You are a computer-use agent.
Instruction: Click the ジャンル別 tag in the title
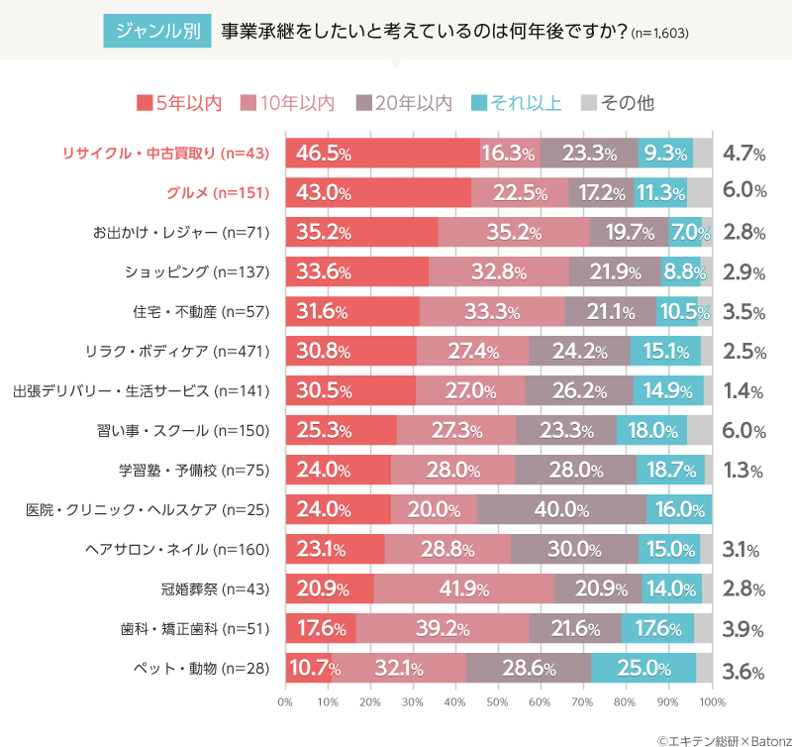click(x=156, y=31)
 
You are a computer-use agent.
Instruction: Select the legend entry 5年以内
click(x=179, y=102)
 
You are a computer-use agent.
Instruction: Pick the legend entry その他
click(x=617, y=102)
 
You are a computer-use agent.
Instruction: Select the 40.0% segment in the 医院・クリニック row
click(x=561, y=510)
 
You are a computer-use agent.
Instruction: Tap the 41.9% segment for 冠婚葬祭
click(x=463, y=589)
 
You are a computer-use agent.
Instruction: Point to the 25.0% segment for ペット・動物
click(x=643, y=669)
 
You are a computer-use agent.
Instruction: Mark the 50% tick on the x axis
click(x=499, y=702)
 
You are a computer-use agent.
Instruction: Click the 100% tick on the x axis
click(x=711, y=702)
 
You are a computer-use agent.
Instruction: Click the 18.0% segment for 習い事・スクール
click(x=651, y=431)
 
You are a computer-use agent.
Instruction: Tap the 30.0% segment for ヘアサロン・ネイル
click(x=573, y=550)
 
